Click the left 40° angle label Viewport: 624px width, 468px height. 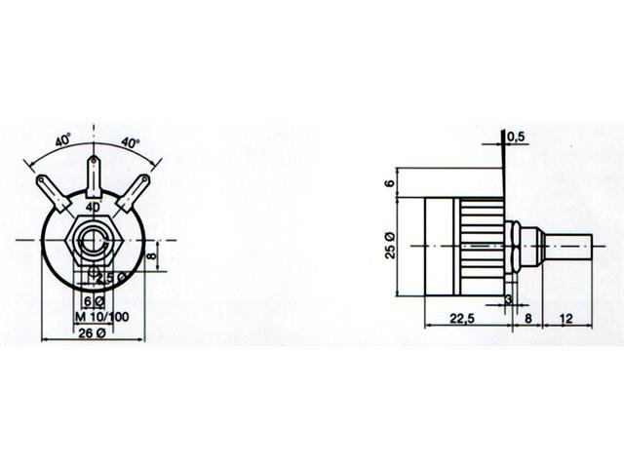61,142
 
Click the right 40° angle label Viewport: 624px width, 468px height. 130,142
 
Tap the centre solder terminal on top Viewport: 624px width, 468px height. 94,175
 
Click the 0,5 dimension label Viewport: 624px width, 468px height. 517,137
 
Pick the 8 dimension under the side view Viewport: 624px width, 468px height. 528,317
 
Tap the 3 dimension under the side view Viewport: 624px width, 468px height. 507,298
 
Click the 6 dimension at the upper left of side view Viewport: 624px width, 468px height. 389,182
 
